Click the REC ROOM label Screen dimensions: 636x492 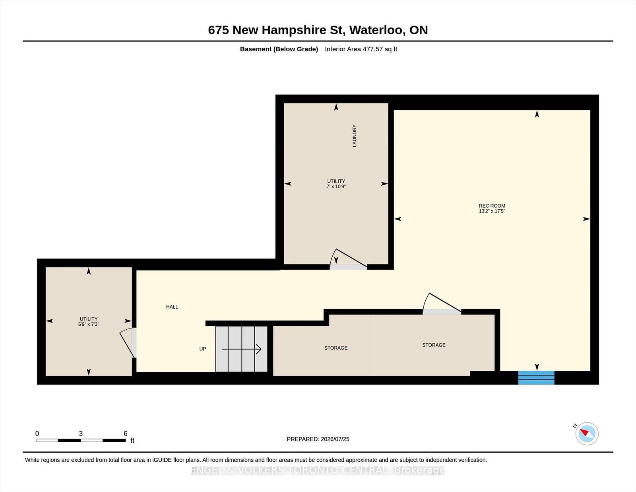[492, 206]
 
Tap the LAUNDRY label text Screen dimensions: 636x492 [355, 136]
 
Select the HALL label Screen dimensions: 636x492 [172, 307]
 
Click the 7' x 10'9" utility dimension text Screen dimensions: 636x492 [336, 186]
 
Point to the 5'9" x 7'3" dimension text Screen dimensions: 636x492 [89, 324]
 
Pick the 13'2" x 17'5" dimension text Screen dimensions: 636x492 [492, 211]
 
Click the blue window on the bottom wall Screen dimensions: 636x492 [536, 377]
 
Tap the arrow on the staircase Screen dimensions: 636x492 [241, 349]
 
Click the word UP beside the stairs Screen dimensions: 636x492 [203, 348]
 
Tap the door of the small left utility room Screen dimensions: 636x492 [128, 342]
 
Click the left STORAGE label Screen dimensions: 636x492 [336, 348]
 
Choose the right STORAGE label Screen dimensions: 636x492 [434, 345]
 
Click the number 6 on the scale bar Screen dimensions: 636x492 [126, 434]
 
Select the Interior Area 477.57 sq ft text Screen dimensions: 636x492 [361, 49]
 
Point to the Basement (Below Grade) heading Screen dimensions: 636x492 [279, 49]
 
